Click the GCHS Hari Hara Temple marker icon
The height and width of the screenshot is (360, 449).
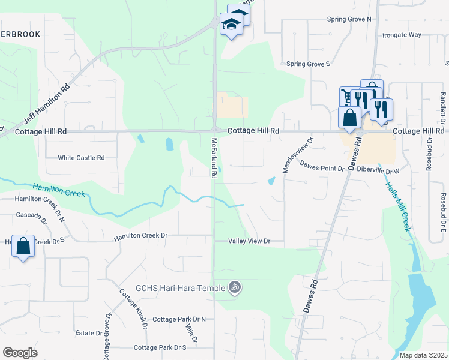pos(235,288)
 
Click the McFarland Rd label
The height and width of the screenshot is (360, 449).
pos(214,158)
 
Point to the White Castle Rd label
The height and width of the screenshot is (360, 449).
pos(81,158)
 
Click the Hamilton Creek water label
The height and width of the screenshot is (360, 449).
pos(59,190)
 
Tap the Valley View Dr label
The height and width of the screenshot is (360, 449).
pos(249,241)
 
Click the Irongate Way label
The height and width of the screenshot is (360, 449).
pos(402,35)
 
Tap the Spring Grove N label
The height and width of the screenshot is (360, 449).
pos(349,19)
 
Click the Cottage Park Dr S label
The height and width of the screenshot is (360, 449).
pos(160,347)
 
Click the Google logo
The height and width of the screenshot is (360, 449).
pos(20,353)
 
